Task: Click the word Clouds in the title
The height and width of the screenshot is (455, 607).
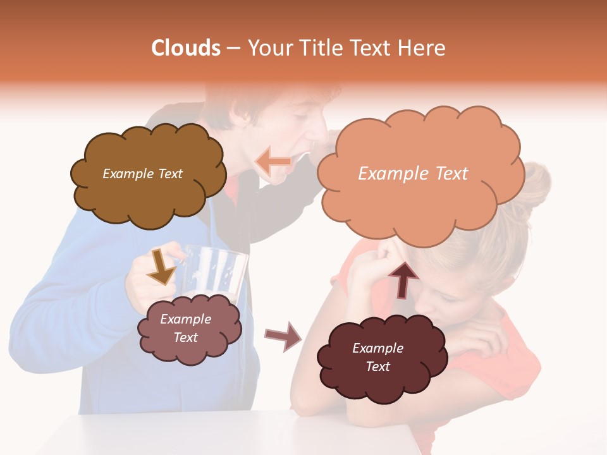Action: pyautogui.click(x=186, y=48)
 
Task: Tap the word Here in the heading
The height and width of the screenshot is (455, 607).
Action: pyautogui.click(x=422, y=48)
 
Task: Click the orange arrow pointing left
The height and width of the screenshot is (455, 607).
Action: pyautogui.click(x=274, y=162)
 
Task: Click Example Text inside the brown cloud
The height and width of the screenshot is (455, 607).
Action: pyautogui.click(x=142, y=174)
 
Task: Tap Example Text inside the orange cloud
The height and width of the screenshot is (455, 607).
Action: pyautogui.click(x=413, y=174)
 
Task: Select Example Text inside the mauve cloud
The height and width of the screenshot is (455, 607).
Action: pyautogui.click(x=185, y=328)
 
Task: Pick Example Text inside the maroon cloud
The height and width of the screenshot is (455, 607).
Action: pyautogui.click(x=377, y=357)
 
